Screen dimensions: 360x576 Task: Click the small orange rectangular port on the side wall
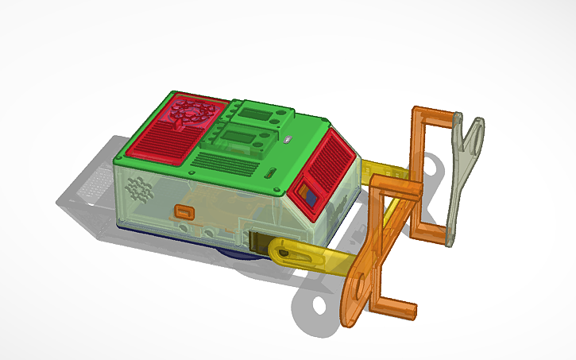pos(184,211)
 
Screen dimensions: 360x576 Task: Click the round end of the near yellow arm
pos(284,253)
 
